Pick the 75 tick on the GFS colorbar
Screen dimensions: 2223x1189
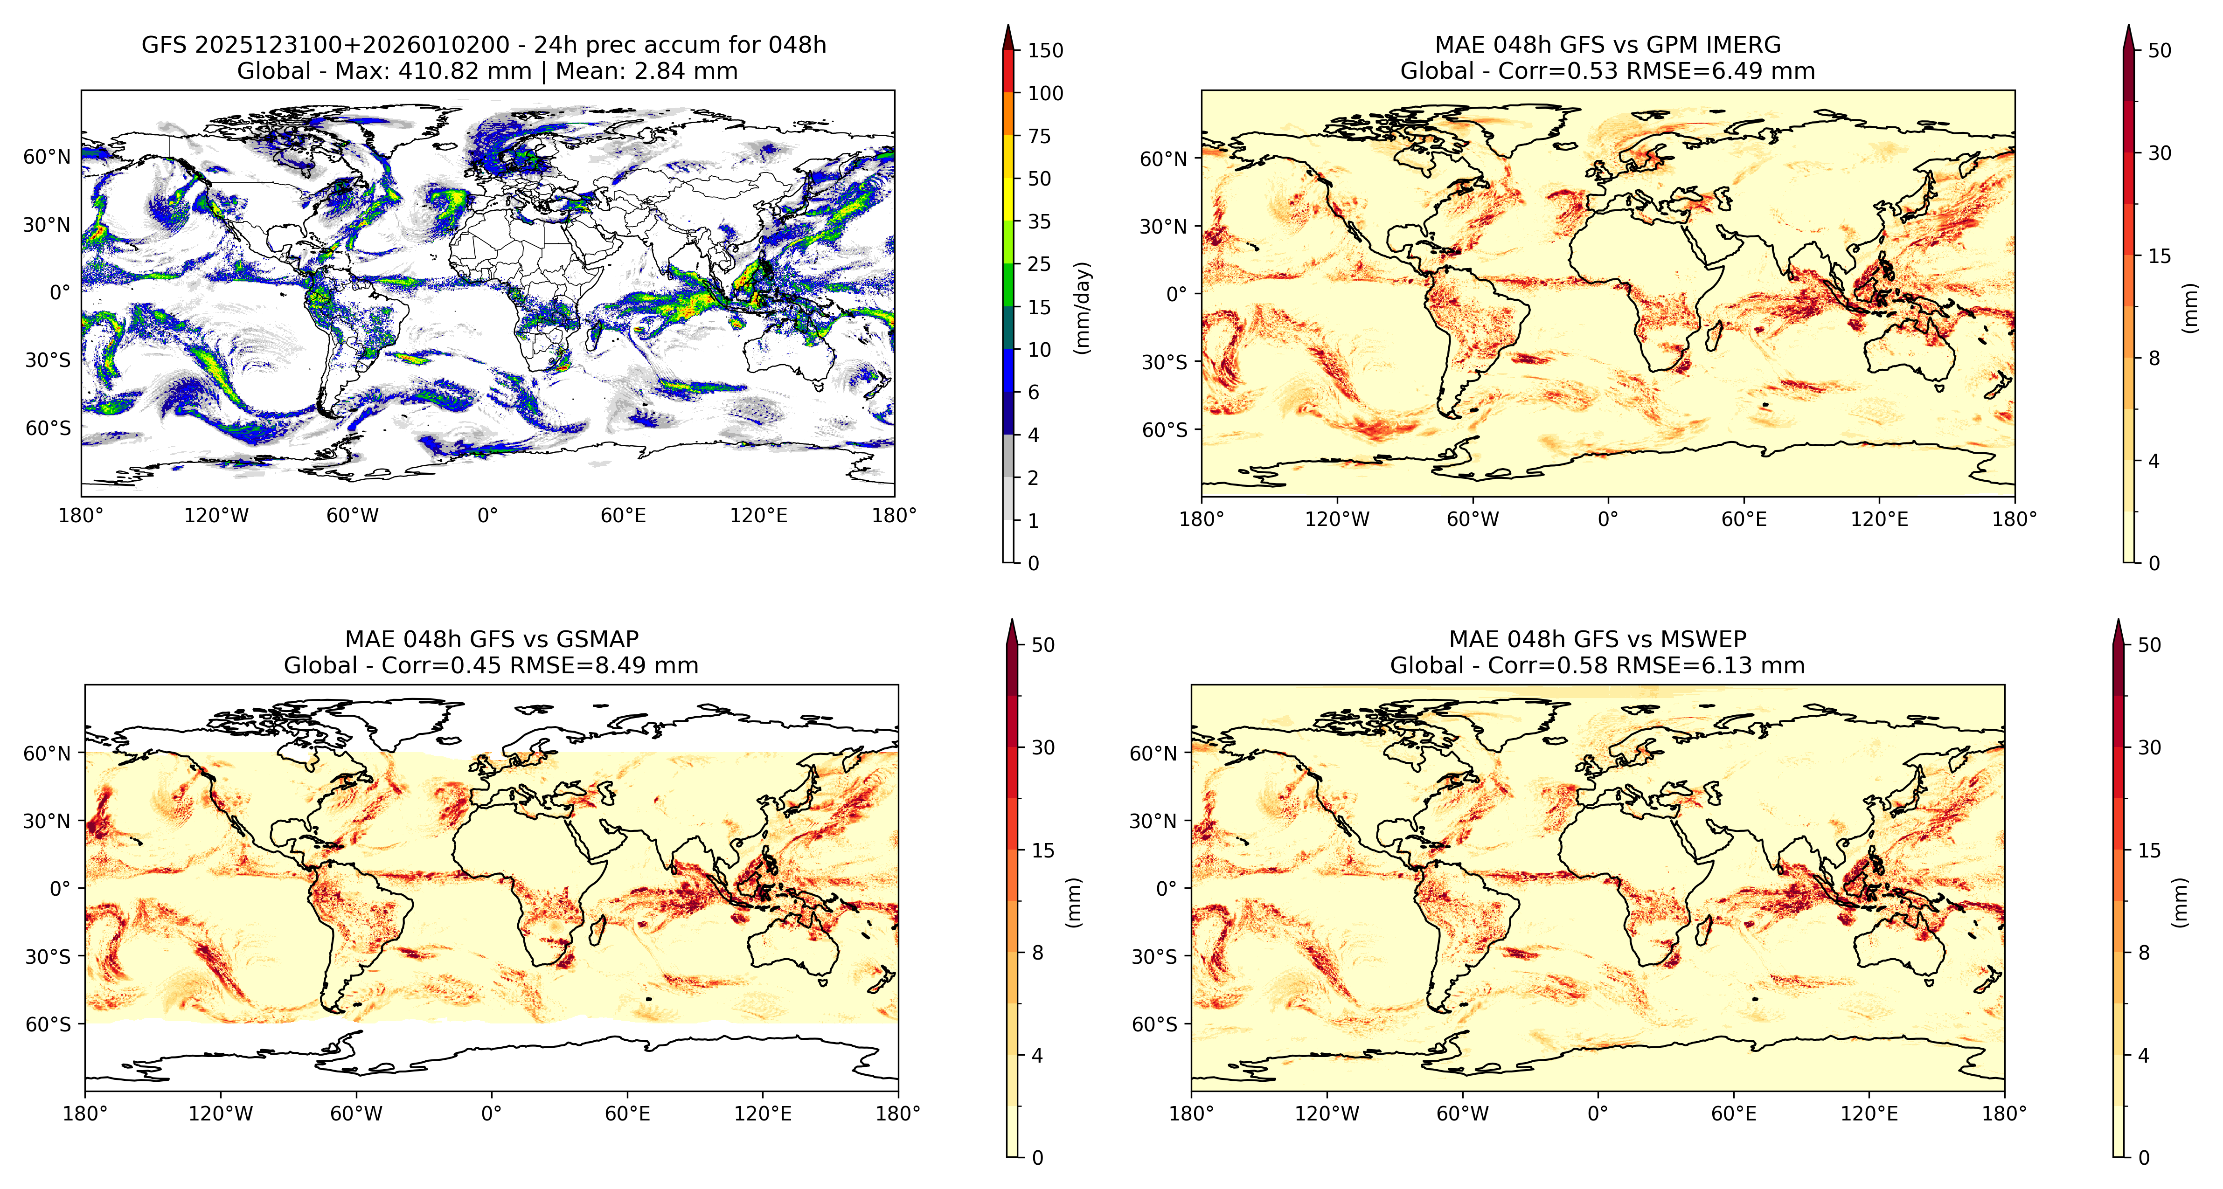1039,136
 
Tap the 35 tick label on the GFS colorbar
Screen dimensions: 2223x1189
1039,222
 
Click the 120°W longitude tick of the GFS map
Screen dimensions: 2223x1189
216,516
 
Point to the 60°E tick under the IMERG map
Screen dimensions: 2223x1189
1744,519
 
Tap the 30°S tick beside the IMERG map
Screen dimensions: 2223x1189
1165,362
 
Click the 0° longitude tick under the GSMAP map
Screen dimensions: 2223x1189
491,1114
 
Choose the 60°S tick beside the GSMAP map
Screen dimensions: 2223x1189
49,1024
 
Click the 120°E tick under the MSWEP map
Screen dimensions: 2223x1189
1869,1114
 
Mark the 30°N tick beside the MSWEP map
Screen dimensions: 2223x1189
1153,822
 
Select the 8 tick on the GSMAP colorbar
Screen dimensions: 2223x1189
1038,954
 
